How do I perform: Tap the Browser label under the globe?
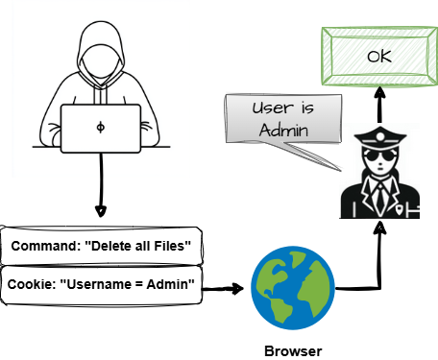(293, 349)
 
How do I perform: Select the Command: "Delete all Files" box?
(101, 247)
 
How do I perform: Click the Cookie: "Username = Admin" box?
(101, 284)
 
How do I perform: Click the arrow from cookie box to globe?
(222, 287)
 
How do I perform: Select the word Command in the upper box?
(43, 247)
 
